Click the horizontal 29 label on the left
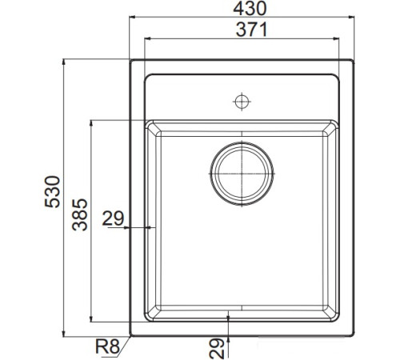click(x=113, y=217)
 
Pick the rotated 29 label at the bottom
click(x=214, y=346)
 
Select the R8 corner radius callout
click(x=106, y=346)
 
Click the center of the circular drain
click(x=242, y=172)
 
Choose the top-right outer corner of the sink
click(x=353, y=59)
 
